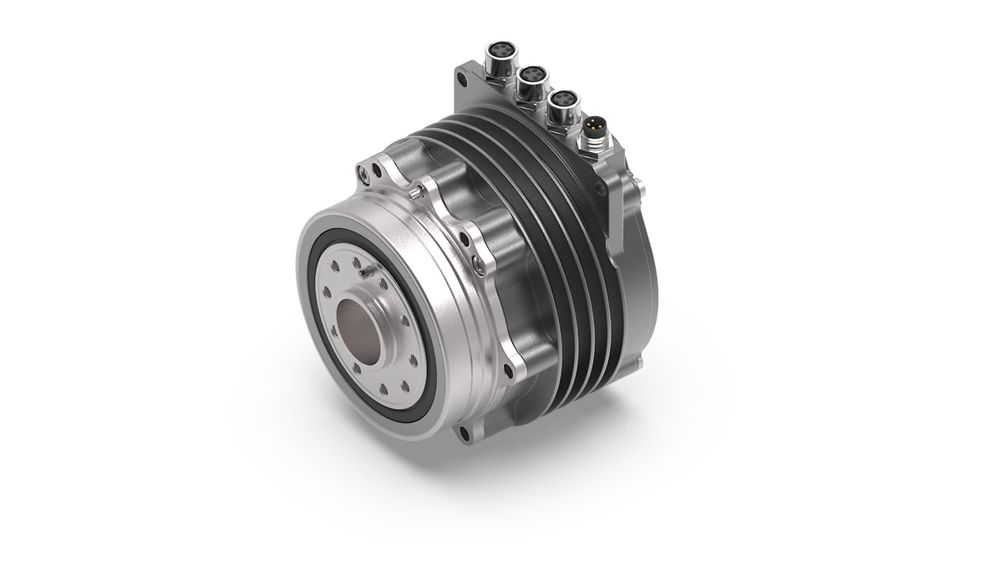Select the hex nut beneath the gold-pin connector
[595, 151]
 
